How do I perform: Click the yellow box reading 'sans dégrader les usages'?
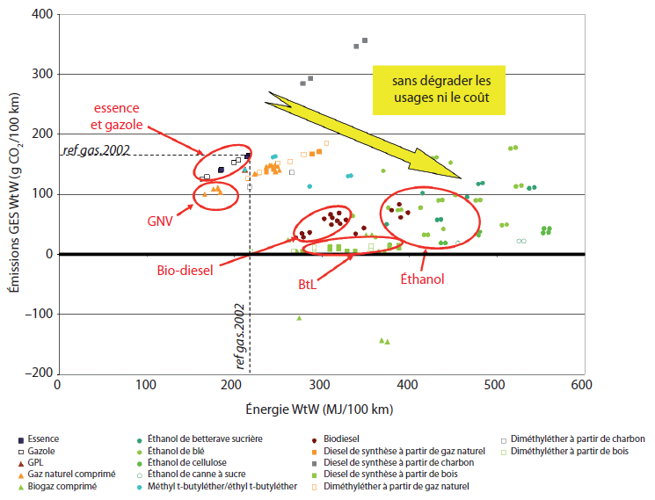pos(440,90)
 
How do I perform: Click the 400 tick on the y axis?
pos(40,15)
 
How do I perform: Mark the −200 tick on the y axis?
pos(37,373)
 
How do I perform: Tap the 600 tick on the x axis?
pos(580,385)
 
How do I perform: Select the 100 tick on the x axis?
pos(144,385)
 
